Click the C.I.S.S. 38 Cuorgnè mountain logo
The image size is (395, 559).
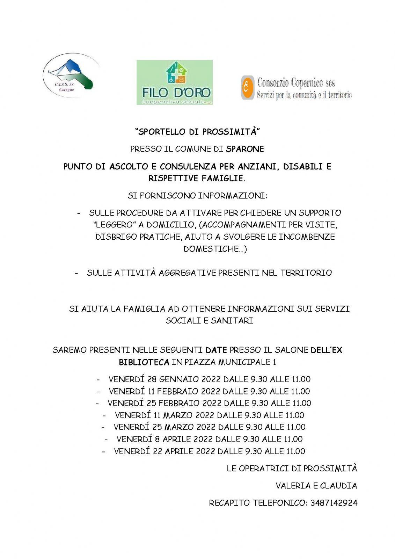pyautogui.click(x=71, y=75)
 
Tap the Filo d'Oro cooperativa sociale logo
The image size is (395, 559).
pyautogui.click(x=175, y=82)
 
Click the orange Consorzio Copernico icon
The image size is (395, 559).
pyautogui.click(x=247, y=88)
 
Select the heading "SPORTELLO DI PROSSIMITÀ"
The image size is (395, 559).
pyautogui.click(x=198, y=132)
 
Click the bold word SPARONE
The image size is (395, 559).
pyautogui.click(x=245, y=149)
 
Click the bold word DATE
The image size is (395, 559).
pyautogui.click(x=216, y=350)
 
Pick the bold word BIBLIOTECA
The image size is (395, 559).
pyautogui.click(x=144, y=362)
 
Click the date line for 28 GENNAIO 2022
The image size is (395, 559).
pyautogui.click(x=209, y=379)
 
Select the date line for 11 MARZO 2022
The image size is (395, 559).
pyautogui.click(x=209, y=415)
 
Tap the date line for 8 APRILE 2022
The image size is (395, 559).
pyautogui.click(x=209, y=439)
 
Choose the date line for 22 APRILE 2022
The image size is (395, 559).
pyautogui.click(x=209, y=451)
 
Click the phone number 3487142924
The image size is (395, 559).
pyautogui.click(x=334, y=503)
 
